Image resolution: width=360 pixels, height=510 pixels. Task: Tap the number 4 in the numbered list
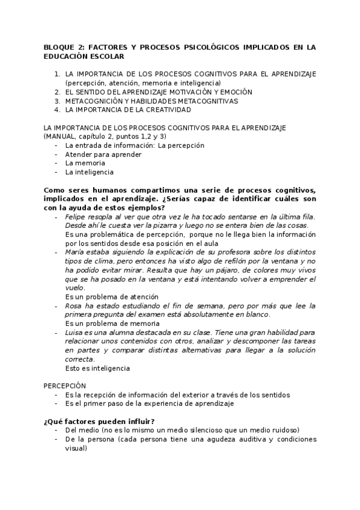(x=56, y=110)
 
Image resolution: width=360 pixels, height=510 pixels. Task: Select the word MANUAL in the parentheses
(x=63, y=137)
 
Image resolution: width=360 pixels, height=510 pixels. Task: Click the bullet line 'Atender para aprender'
(x=103, y=154)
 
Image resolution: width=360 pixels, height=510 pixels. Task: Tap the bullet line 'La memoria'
(x=85, y=163)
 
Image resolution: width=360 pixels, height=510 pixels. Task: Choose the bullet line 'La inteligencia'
(x=89, y=172)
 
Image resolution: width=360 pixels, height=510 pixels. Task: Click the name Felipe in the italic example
(x=76, y=217)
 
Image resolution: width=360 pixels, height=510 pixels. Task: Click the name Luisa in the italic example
(x=75, y=333)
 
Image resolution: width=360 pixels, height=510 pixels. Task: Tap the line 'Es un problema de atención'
(x=112, y=297)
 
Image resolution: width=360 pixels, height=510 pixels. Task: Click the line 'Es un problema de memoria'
(x=112, y=324)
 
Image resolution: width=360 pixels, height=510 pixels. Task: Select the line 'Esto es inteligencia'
(x=97, y=368)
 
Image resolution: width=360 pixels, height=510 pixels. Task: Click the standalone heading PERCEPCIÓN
(x=65, y=386)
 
